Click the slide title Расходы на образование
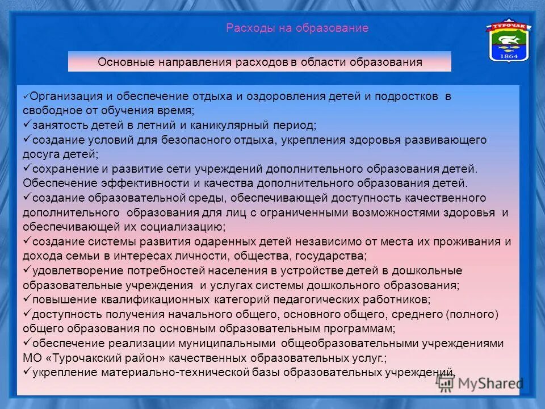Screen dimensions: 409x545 tap(297, 28)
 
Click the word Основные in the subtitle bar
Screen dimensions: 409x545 tap(121, 62)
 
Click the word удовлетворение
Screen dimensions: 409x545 tap(69, 270)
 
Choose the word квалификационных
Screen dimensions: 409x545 tap(153, 299)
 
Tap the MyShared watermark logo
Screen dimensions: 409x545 tap(480, 383)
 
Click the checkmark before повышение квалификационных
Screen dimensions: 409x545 tap(27, 299)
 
